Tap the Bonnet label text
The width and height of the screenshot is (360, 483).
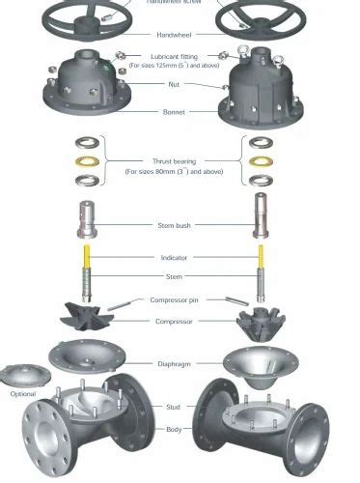pyautogui.click(x=174, y=111)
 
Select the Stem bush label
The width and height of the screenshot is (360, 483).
pyautogui.click(x=174, y=224)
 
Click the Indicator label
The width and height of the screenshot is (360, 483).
pyautogui.click(x=174, y=258)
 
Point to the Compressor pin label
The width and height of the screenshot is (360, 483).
pyautogui.click(x=174, y=300)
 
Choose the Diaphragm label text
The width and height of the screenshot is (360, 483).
pyautogui.click(x=174, y=364)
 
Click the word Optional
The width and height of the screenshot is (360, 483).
pyautogui.click(x=22, y=394)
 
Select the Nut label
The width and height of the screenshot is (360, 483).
pyautogui.click(x=174, y=84)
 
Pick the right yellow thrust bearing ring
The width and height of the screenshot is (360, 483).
pyautogui.click(x=259, y=160)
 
